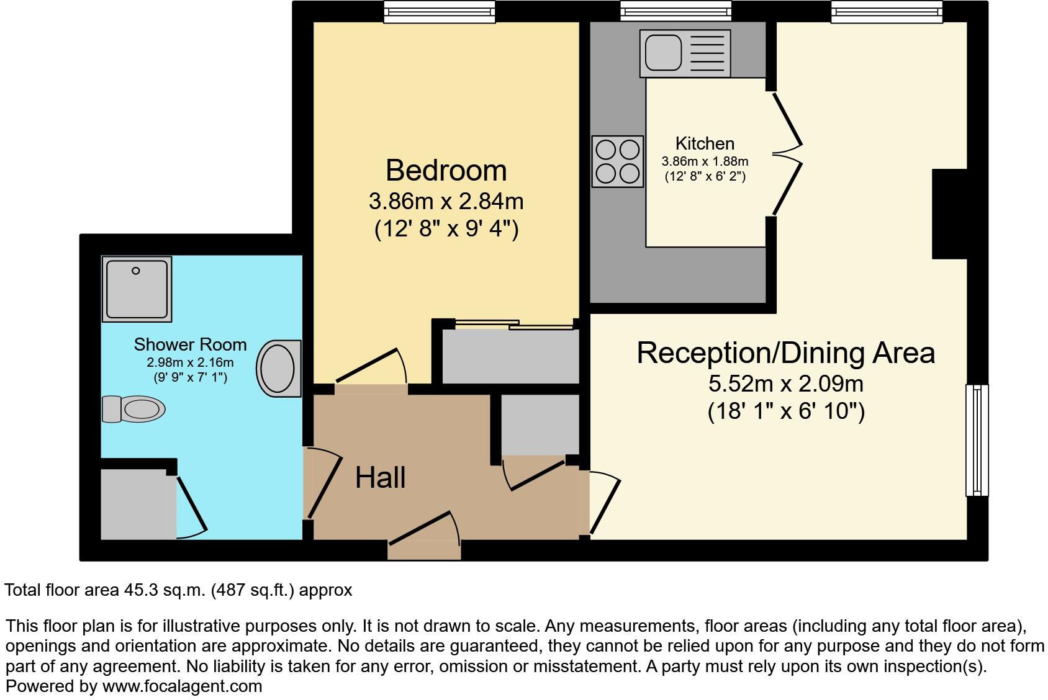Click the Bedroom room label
[446, 171]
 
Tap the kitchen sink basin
[663, 52]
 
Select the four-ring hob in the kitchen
[617, 161]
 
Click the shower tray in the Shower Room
[137, 289]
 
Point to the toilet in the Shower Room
[134, 409]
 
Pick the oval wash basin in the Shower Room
[278, 368]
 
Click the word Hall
[380, 478]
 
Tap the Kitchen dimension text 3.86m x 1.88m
[705, 161]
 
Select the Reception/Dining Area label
[785, 353]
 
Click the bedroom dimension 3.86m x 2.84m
[446, 202]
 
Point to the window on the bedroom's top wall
[439, 11]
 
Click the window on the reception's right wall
[976, 440]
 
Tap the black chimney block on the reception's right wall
[950, 213]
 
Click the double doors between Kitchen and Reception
[786, 153]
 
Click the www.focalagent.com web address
[182, 686]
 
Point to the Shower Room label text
[190, 344]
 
